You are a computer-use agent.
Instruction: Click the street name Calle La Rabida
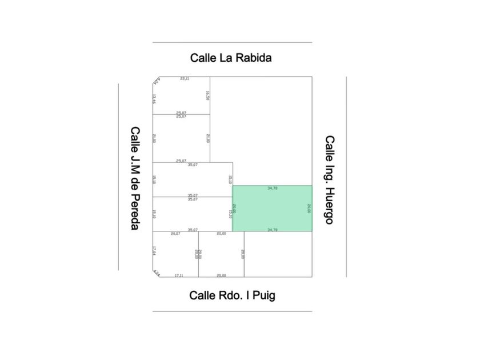click(231, 58)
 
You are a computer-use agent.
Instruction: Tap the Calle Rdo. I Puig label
click(232, 295)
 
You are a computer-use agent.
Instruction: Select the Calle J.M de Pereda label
click(135, 178)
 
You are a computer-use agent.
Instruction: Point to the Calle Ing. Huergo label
click(330, 179)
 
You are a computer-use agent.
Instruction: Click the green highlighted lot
click(272, 209)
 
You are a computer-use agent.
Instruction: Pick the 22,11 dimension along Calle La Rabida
click(185, 78)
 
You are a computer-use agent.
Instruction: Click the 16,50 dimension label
click(208, 95)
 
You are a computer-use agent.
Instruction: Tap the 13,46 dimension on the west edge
click(154, 98)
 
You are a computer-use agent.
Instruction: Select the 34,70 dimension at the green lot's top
click(273, 188)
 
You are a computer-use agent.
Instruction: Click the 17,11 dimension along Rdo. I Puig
click(179, 275)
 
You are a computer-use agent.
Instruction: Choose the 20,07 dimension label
click(175, 234)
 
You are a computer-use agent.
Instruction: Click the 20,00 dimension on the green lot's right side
click(309, 209)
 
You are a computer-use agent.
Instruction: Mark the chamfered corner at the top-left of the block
click(155, 80)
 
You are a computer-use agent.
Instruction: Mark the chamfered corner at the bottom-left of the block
click(155, 274)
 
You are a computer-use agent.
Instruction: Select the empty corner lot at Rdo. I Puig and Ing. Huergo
click(278, 254)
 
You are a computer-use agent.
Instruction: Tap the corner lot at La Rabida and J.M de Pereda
click(180, 96)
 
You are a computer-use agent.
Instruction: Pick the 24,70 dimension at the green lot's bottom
click(273, 230)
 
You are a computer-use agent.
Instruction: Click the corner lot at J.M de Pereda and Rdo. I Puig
click(175, 255)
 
